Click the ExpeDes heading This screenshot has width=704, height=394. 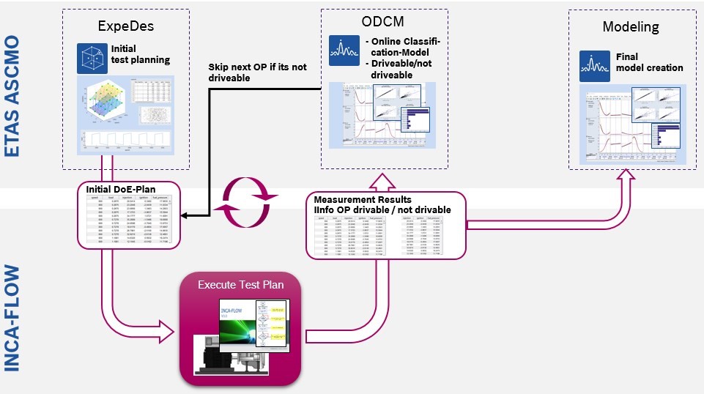tap(125, 27)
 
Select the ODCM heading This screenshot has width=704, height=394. tap(382, 21)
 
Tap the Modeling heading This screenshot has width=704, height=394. tap(630, 27)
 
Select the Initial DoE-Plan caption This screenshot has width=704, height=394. tap(119, 190)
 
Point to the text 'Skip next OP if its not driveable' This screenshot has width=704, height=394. tap(257, 72)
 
